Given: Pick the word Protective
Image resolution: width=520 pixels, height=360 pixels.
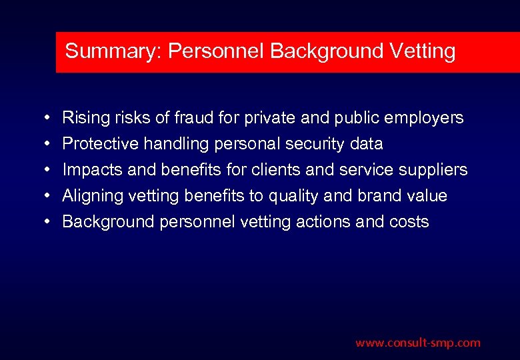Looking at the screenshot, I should click(x=95, y=144).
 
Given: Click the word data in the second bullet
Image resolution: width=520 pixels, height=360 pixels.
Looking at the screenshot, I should click(x=367, y=144).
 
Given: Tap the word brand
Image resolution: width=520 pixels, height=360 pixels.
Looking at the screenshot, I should click(x=379, y=196).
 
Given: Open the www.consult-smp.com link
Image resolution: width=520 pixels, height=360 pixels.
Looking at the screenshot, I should click(x=417, y=343).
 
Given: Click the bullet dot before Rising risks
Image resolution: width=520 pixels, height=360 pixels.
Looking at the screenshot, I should click(x=43, y=119).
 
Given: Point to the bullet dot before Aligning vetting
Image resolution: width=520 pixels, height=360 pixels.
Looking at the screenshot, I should click(x=43, y=197).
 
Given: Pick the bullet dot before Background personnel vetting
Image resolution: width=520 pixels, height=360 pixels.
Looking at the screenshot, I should click(x=43, y=222).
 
